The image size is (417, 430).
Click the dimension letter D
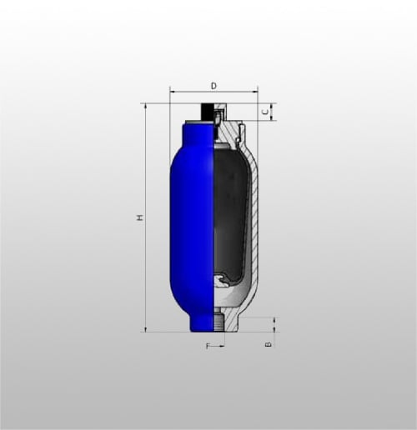coord(214,86)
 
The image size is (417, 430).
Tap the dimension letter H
coord(141,217)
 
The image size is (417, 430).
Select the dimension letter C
coord(266,112)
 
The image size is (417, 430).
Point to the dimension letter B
coord(269,344)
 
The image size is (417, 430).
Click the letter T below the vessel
coord(208,346)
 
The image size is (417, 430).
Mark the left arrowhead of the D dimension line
coord(173,91)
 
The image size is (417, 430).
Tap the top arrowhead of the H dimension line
coord(145,107)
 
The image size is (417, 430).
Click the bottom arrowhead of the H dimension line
coord(145,328)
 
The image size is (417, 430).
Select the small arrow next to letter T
coord(220,346)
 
